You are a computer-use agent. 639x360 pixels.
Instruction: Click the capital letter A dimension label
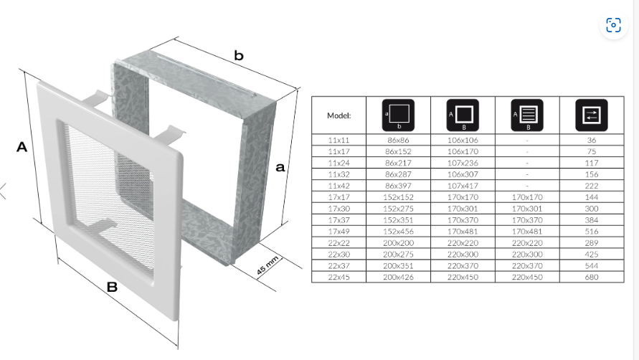click(x=22, y=147)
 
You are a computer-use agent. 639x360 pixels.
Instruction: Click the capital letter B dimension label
click(x=112, y=287)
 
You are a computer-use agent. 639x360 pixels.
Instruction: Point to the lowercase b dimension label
click(x=239, y=55)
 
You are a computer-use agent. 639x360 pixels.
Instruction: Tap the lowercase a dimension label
click(x=280, y=167)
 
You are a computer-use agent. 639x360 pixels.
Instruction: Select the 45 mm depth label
click(x=268, y=265)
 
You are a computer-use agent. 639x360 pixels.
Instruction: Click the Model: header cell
click(x=339, y=115)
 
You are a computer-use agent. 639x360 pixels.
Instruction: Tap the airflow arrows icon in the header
click(x=592, y=115)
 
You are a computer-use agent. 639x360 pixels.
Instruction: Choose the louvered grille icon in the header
click(x=527, y=115)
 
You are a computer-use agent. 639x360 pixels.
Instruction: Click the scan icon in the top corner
click(x=613, y=25)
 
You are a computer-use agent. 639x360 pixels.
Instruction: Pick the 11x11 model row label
click(x=339, y=140)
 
